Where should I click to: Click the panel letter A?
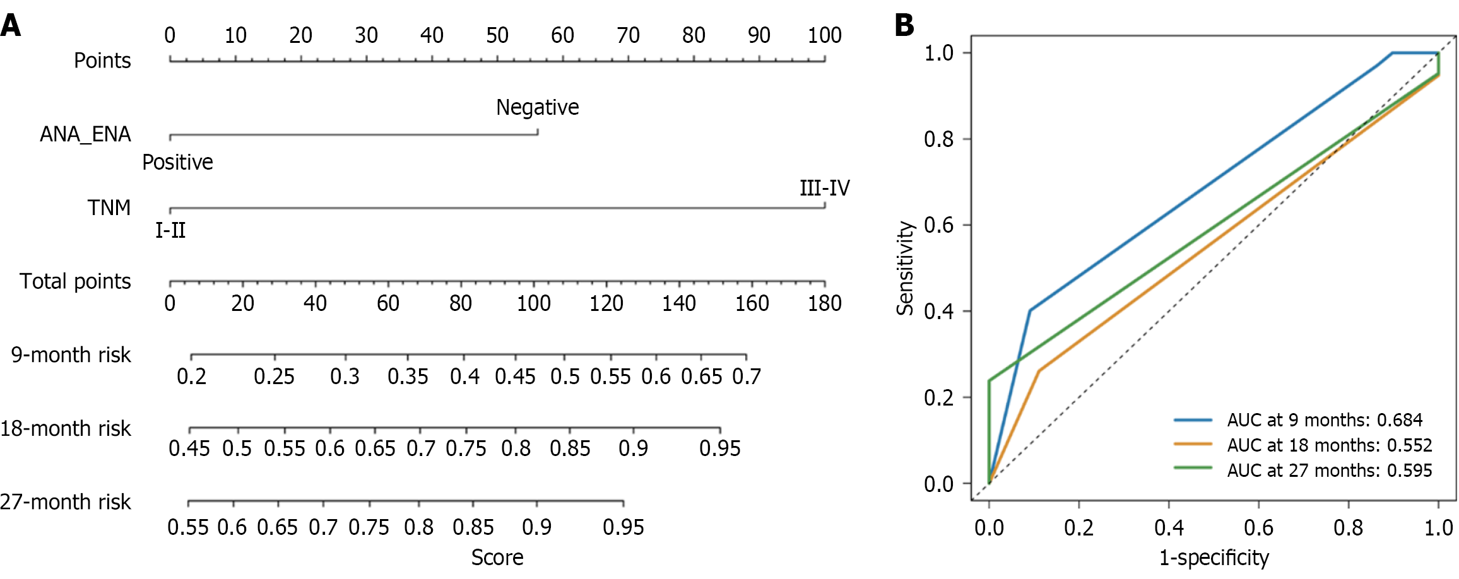(x=11, y=26)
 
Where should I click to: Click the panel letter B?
(x=904, y=26)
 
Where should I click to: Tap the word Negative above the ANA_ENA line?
(x=537, y=107)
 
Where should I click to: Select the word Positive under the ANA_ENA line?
(x=177, y=162)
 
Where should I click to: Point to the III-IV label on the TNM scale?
(x=824, y=187)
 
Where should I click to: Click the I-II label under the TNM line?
(x=170, y=230)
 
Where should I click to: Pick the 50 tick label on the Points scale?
(x=497, y=35)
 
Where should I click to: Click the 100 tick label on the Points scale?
(x=824, y=35)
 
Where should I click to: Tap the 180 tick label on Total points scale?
(x=824, y=303)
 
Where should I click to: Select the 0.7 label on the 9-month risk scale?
(x=747, y=377)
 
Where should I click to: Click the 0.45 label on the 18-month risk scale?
(x=189, y=448)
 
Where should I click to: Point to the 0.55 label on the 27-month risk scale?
(x=187, y=527)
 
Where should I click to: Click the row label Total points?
(x=75, y=281)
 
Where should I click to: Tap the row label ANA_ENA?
(x=85, y=134)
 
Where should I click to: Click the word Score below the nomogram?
(x=497, y=558)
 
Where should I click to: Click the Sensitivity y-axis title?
(x=906, y=268)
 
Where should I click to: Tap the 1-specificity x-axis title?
(x=1214, y=558)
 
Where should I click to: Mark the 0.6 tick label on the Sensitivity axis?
(x=938, y=225)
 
